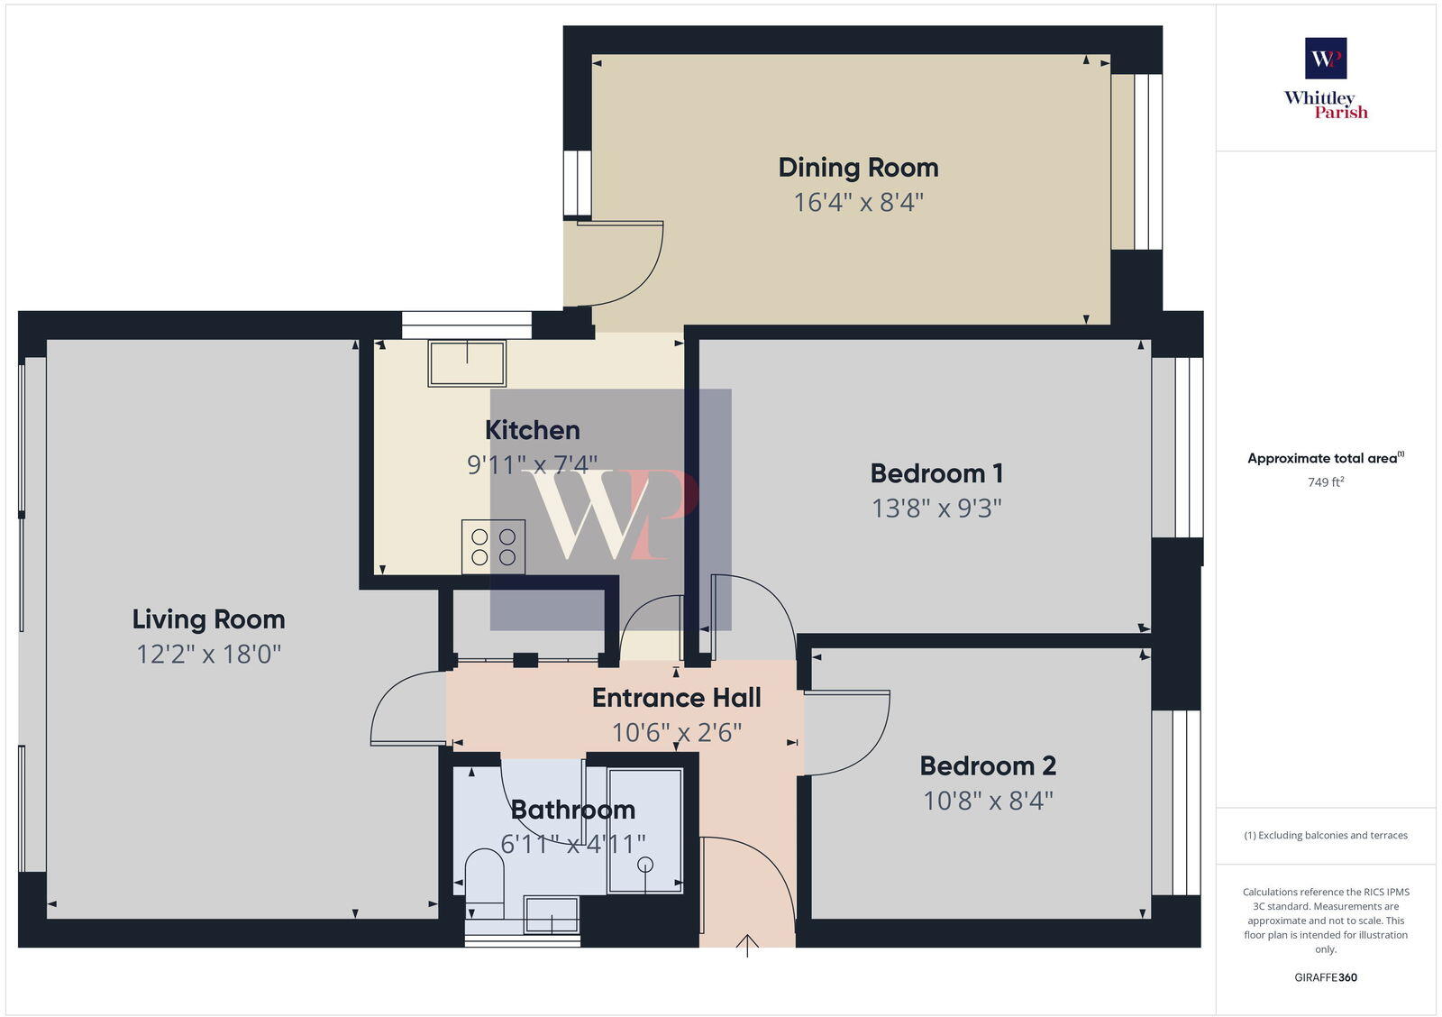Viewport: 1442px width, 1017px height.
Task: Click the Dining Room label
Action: [x=858, y=168]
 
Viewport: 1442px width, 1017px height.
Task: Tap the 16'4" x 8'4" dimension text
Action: [x=858, y=202]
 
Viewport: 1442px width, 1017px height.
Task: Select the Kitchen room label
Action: [x=532, y=430]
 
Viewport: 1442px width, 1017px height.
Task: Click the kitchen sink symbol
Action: [x=467, y=362]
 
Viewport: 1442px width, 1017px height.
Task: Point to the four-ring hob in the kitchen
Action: [x=493, y=546]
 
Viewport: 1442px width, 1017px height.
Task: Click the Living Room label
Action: [x=208, y=619]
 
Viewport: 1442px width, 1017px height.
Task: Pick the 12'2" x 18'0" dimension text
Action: [x=208, y=654]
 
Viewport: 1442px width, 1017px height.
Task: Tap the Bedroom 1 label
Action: [x=936, y=473]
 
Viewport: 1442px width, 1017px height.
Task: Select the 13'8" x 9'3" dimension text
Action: [x=936, y=508]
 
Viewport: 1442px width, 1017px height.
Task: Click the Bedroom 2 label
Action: [x=988, y=766]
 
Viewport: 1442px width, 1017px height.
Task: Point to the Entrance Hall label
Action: [x=676, y=698]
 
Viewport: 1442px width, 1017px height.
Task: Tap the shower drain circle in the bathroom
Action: [x=644, y=865]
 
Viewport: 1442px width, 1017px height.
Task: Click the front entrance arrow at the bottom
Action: [x=747, y=946]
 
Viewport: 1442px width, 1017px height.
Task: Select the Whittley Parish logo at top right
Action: [x=1326, y=78]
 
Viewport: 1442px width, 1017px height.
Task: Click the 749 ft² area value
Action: [x=1326, y=482]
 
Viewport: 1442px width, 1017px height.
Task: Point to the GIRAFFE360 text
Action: [x=1326, y=977]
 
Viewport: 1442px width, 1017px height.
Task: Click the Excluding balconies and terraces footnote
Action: [x=1326, y=836]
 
